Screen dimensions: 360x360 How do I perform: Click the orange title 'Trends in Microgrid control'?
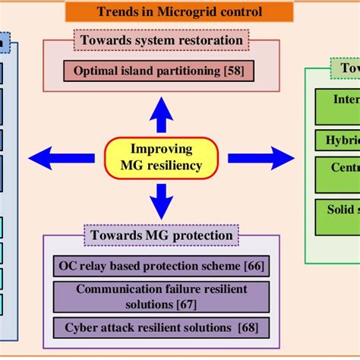pyautogui.click(x=179, y=11)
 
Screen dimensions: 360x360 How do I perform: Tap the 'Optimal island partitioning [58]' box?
pyautogui.click(x=158, y=72)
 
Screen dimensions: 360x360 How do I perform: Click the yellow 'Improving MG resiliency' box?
pyautogui.click(x=161, y=157)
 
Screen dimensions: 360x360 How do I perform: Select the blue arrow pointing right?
pyautogui.click(x=261, y=158)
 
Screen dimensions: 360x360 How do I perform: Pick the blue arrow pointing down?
pyautogui.click(x=160, y=202)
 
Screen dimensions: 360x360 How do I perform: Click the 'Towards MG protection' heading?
pyautogui.click(x=162, y=235)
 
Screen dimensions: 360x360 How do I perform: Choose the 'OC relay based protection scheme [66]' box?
pyautogui.click(x=161, y=267)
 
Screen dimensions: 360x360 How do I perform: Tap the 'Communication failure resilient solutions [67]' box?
pyautogui.click(x=161, y=296)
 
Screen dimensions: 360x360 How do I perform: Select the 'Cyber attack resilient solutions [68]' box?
pyautogui.click(x=161, y=327)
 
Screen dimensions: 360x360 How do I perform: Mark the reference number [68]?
pyautogui.click(x=248, y=327)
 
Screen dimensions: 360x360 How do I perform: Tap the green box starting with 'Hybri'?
pyautogui.click(x=336, y=141)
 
